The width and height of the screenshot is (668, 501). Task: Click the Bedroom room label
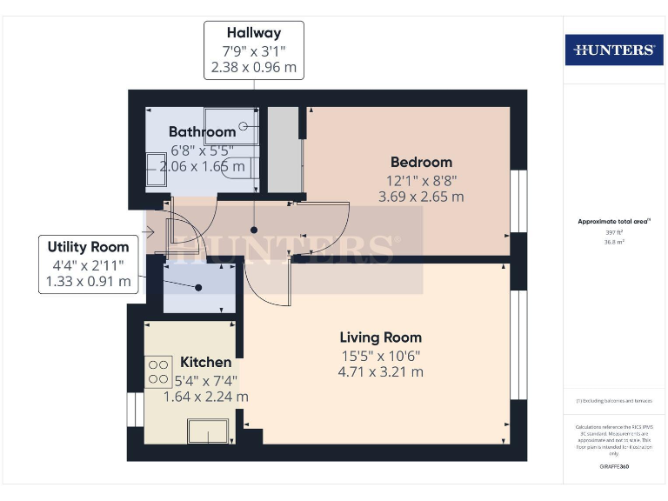coord(421,162)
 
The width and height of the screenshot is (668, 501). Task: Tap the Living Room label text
coord(380,337)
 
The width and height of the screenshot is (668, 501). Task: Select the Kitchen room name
coord(205,362)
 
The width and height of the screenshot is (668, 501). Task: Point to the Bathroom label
coord(202,132)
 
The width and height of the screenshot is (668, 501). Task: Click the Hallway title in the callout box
coord(254,33)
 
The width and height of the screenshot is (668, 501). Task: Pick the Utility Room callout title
coord(88,247)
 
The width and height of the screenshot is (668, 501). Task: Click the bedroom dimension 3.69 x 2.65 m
coord(421,197)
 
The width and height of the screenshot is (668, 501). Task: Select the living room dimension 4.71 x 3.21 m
coord(381,371)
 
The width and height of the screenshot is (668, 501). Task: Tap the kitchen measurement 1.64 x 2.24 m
coord(205,396)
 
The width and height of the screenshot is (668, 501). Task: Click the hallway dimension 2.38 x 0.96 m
coord(254,66)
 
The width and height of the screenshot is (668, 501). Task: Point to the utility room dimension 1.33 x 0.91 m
coord(88,281)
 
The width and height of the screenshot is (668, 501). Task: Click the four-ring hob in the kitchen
coord(158,372)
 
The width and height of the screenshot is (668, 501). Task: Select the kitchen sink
coord(209,431)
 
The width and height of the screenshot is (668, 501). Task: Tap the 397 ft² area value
coord(614,233)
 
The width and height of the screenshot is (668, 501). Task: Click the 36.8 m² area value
coord(614,243)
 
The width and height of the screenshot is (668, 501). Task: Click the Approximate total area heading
coord(613,222)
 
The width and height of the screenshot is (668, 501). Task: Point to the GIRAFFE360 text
coord(614,467)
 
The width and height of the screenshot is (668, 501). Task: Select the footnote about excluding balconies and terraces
coord(614,400)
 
